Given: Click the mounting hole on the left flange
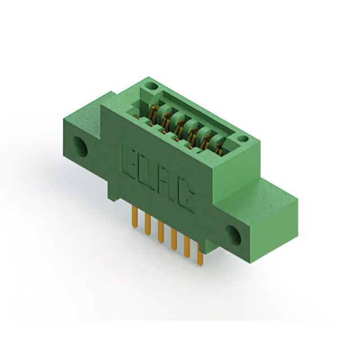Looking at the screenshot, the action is click(80, 147).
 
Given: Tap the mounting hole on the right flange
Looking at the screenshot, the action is click(233, 235).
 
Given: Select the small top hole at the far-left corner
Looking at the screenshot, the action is click(151, 87).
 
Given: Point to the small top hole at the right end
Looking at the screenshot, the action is click(242, 138).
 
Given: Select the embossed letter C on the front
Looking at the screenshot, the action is click(184, 197).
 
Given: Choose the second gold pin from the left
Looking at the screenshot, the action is click(148, 224).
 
